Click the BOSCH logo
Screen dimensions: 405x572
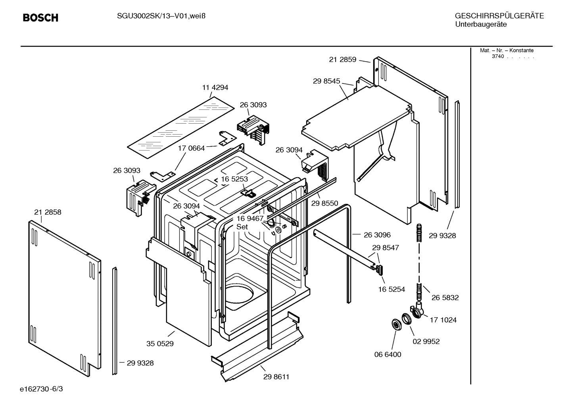(40, 18)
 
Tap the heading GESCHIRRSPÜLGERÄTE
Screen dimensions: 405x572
(499, 16)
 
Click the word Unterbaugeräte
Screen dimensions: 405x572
(480, 24)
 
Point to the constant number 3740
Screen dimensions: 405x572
(497, 56)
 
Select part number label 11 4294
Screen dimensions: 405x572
(215, 87)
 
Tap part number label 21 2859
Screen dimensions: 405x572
(343, 60)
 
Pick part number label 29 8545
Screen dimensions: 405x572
(326, 81)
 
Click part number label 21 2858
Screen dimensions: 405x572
(48, 212)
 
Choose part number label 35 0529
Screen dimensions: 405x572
(160, 344)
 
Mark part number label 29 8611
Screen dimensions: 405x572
(276, 377)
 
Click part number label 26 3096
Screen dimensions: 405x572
(377, 235)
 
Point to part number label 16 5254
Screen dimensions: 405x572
(392, 289)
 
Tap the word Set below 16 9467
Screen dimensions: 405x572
(242, 227)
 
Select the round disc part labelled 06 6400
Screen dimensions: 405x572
(395, 324)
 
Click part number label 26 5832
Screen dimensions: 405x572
(445, 298)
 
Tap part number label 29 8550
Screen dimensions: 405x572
(324, 203)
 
